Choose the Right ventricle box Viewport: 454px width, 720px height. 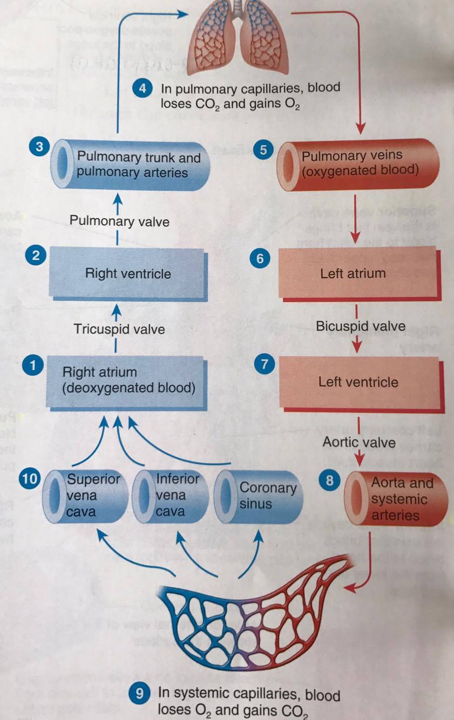click(127, 273)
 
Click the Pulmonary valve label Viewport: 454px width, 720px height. click(119, 221)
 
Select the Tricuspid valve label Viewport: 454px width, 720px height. click(119, 329)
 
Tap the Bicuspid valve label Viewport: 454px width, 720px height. click(361, 326)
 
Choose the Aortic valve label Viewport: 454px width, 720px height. click(359, 442)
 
